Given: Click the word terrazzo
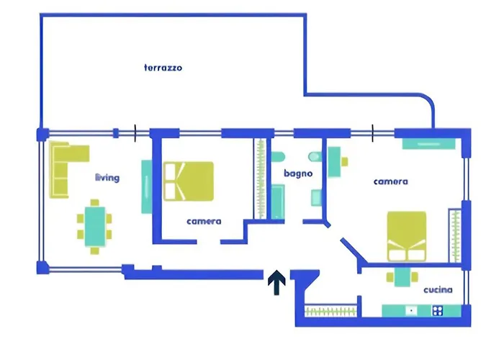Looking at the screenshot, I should (x=163, y=68).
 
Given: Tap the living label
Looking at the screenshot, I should (x=107, y=177).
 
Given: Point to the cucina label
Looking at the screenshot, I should (x=438, y=290).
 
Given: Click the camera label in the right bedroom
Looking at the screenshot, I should (x=390, y=181).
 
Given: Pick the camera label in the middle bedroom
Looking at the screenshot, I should (x=203, y=221).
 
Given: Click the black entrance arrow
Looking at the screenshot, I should (x=275, y=282).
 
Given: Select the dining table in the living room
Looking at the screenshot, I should (x=94, y=225).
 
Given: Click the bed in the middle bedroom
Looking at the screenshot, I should (x=189, y=181).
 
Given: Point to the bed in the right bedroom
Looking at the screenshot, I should (x=407, y=236).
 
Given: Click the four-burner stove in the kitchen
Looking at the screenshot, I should (x=437, y=311).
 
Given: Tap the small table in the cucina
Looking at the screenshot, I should (x=401, y=277).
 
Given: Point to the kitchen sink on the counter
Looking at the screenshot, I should (x=411, y=311).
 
